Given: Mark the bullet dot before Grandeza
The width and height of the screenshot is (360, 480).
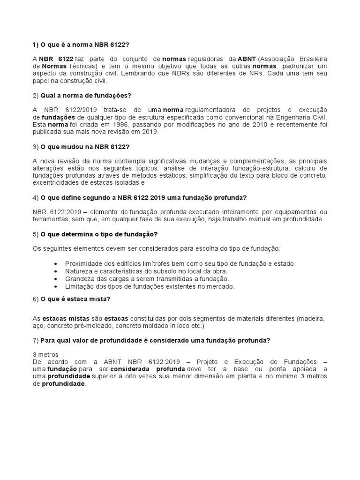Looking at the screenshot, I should (56, 279).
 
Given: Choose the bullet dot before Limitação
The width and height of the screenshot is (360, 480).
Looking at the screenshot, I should (56, 286).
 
